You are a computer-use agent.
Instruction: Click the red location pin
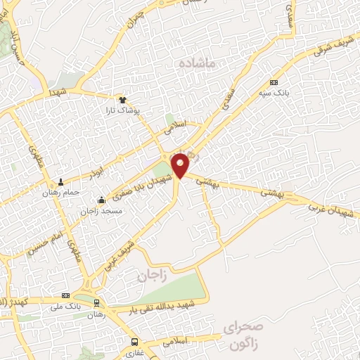pos(181,165)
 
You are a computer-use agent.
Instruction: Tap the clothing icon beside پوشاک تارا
pos(122,100)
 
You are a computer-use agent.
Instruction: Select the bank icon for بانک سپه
pos(274,82)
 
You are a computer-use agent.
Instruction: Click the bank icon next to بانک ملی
pos(65,295)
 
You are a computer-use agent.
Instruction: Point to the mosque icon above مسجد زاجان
pos(102,200)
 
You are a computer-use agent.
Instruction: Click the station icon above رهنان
pos(97,304)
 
